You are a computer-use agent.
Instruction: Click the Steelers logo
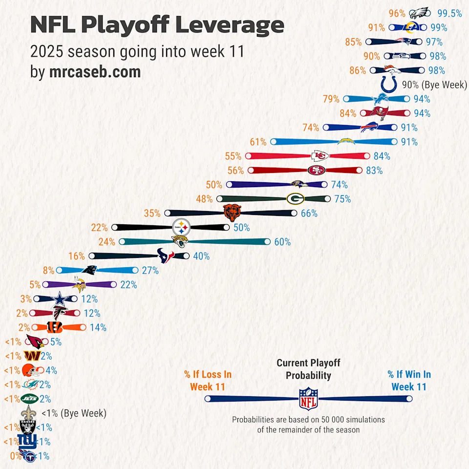pos(182,227)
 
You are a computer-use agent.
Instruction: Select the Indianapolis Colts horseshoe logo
pos(390,85)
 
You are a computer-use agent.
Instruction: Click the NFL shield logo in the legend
pos(308,398)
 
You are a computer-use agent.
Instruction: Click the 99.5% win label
pos(449,14)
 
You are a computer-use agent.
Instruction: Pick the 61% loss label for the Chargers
pos(258,142)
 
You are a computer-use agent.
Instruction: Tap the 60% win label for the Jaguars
pos(282,242)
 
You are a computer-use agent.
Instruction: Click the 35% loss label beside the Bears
pos(152,213)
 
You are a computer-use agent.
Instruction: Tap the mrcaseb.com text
pos(95,72)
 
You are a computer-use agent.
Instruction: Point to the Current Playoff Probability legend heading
pos(308,369)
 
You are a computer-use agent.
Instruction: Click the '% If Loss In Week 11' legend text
pos(208,381)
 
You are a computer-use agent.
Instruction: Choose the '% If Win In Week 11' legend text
pos(409,381)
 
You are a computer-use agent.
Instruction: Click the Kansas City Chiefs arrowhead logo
pos(320,156)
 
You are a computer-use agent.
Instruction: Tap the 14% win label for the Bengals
pos(98,328)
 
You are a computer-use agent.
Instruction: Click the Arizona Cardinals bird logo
pos(34,342)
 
